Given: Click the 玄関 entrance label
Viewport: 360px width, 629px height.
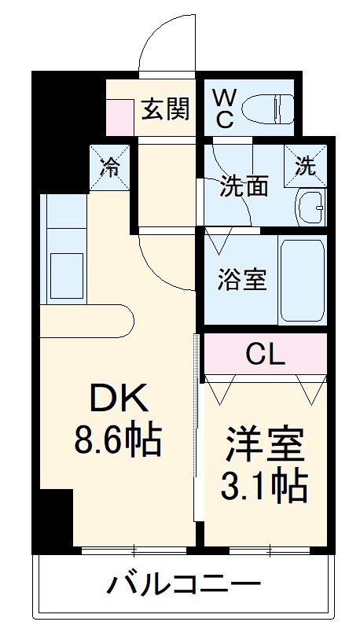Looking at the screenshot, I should [x=166, y=109].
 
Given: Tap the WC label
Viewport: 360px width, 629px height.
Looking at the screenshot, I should [x=224, y=109].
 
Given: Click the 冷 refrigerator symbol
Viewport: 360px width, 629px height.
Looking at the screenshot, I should [x=108, y=167].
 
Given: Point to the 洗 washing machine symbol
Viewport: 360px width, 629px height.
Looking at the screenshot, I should [x=305, y=167].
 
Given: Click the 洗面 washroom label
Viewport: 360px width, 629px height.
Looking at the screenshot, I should [x=244, y=186].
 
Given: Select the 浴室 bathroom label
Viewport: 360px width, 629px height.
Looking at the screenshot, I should [x=242, y=279].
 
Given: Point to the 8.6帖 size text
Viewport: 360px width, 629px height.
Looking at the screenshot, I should [x=117, y=441].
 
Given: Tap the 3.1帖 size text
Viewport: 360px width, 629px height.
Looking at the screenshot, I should [x=265, y=487].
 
